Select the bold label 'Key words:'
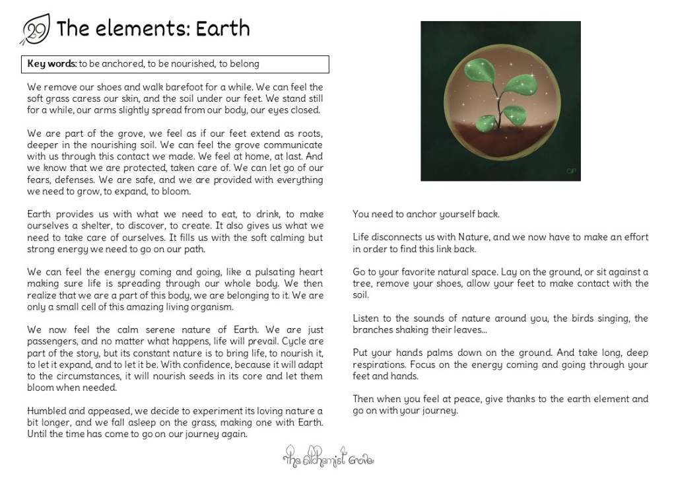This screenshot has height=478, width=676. [x=52, y=64]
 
